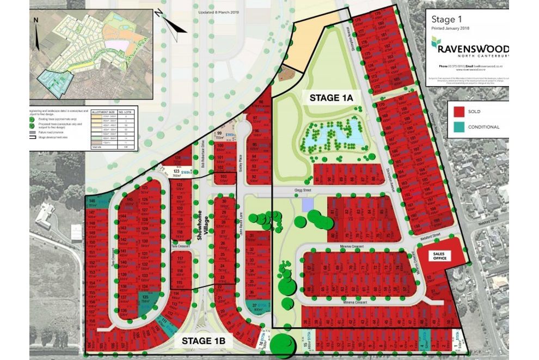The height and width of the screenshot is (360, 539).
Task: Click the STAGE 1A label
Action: (x=332, y=97)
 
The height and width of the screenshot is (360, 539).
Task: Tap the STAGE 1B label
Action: (x=207, y=341)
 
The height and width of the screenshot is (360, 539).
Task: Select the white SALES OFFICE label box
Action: (x=439, y=254)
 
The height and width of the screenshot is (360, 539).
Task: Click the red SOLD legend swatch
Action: (x=459, y=112)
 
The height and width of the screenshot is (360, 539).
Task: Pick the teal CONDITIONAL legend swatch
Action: (x=459, y=127)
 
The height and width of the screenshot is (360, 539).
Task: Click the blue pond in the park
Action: (x=333, y=135)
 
